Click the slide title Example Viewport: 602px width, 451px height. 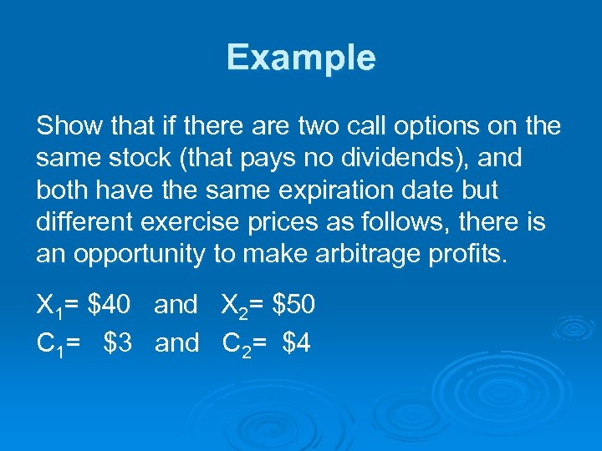point(301,58)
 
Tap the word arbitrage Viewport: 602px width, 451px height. point(360,253)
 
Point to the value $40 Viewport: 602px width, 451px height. point(109,305)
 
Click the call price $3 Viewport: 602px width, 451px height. point(120,342)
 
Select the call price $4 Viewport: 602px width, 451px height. point(297,342)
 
